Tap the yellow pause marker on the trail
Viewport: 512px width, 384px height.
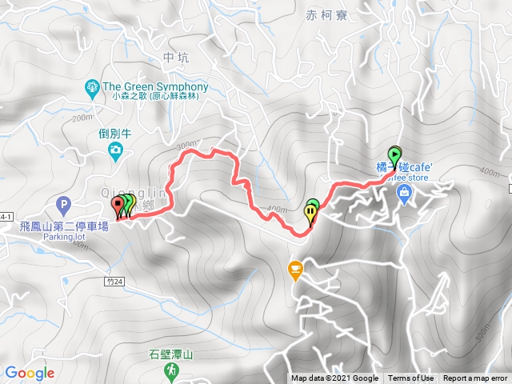310,212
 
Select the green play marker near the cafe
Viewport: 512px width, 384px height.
394,154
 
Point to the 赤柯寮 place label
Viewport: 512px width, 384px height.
323,14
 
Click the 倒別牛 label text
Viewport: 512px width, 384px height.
115,134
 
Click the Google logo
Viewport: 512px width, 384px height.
29,373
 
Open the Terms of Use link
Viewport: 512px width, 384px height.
411,378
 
